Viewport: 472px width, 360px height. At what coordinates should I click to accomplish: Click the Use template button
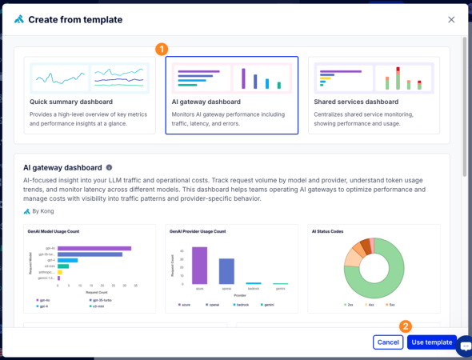431,342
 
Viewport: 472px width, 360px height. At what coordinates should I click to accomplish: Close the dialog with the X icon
451,19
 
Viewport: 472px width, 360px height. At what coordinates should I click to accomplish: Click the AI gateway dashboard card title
206,102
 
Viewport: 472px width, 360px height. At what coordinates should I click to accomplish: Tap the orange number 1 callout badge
162,49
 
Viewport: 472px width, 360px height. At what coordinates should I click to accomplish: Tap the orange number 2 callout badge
406,326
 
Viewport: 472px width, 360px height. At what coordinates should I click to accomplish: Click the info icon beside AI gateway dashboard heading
110,168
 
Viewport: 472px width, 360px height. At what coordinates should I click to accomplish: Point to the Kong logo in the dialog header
18,19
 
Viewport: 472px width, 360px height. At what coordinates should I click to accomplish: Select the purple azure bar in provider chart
199,266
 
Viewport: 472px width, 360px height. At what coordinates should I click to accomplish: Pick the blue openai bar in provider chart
226,271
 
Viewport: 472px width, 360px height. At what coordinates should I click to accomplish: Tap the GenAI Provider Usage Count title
198,230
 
